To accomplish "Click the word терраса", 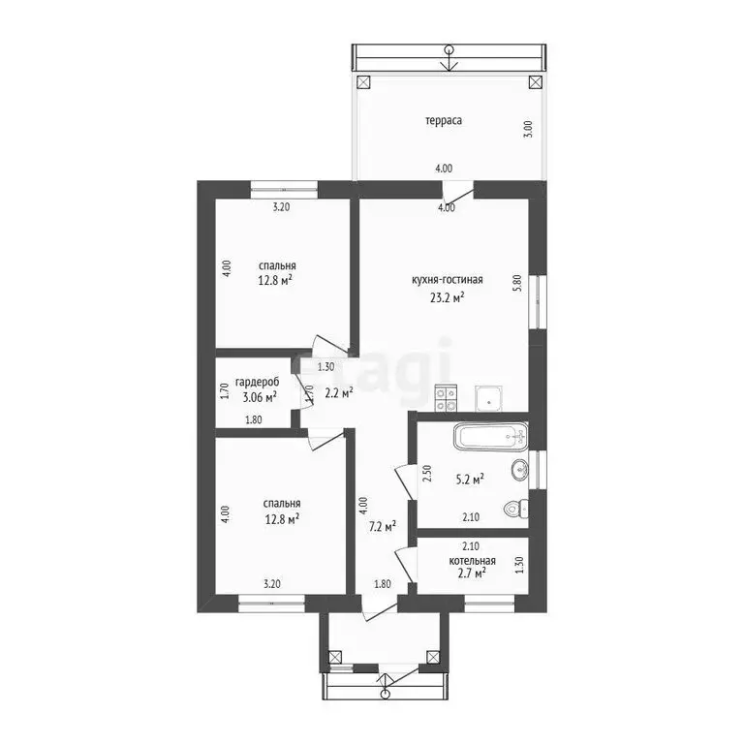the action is click(x=443, y=121).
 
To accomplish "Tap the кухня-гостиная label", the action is click(x=447, y=280).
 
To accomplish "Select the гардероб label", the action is click(x=257, y=383).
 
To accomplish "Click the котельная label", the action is click(x=472, y=561).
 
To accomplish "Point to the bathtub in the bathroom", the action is click(x=490, y=436).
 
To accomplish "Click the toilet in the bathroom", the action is click(x=515, y=510).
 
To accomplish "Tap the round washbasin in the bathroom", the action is click(x=519, y=470).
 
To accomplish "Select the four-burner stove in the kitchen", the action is click(x=446, y=398).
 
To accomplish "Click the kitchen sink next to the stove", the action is click(x=489, y=398).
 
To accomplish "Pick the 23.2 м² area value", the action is click(x=447, y=298).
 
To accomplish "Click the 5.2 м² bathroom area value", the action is click(x=470, y=480).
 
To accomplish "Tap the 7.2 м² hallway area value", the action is click(x=383, y=526).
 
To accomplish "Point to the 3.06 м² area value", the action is click(x=260, y=397).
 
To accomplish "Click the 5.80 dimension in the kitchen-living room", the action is click(x=517, y=283).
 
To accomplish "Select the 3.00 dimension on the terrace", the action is click(x=529, y=129).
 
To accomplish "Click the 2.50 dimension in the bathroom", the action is click(x=426, y=474).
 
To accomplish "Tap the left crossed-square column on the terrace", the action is click(x=363, y=82).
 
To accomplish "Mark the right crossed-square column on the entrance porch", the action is click(x=433, y=657).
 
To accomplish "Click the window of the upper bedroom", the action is click(x=284, y=189).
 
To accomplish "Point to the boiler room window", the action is click(x=489, y=604).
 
